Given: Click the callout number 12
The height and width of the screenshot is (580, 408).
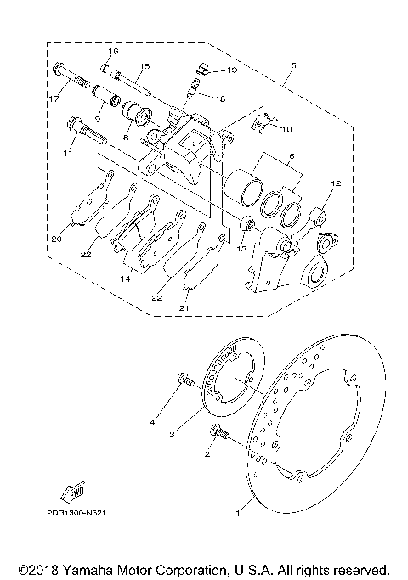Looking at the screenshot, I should pyautogui.click(x=336, y=183).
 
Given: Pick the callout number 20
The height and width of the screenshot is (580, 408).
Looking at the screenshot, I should pyautogui.click(x=56, y=239).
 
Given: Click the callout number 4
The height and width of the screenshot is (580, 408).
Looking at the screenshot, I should pyautogui.click(x=152, y=421).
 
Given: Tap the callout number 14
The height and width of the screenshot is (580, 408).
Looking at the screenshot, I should pyautogui.click(x=125, y=278).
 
